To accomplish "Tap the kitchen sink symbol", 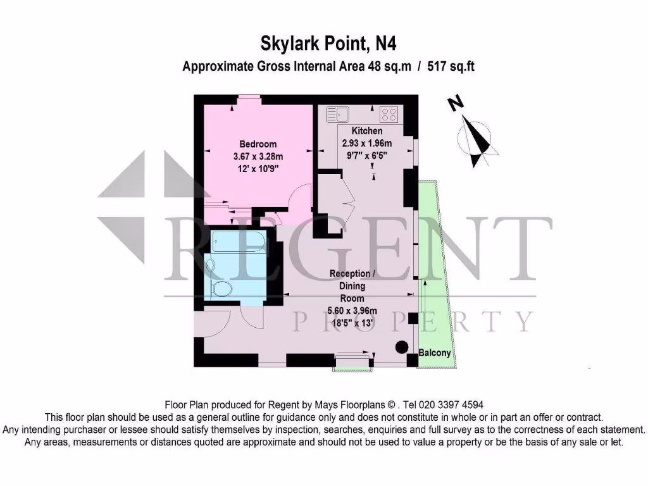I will pyautogui.click(x=338, y=115).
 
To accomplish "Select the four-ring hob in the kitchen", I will pyautogui.click(x=388, y=115).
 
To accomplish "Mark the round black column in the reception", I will pyautogui.click(x=401, y=347).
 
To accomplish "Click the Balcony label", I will pyautogui.click(x=435, y=352).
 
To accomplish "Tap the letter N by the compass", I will pyautogui.click(x=454, y=104).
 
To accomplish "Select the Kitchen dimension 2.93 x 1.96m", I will pyautogui.click(x=366, y=142).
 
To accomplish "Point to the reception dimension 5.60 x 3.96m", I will pyautogui.click(x=352, y=310).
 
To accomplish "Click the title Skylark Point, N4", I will pyautogui.click(x=328, y=43).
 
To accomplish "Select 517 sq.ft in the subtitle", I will pyautogui.click(x=451, y=65).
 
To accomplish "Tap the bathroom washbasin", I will pyautogui.click(x=211, y=265).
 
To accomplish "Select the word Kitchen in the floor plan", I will pyautogui.click(x=367, y=131).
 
